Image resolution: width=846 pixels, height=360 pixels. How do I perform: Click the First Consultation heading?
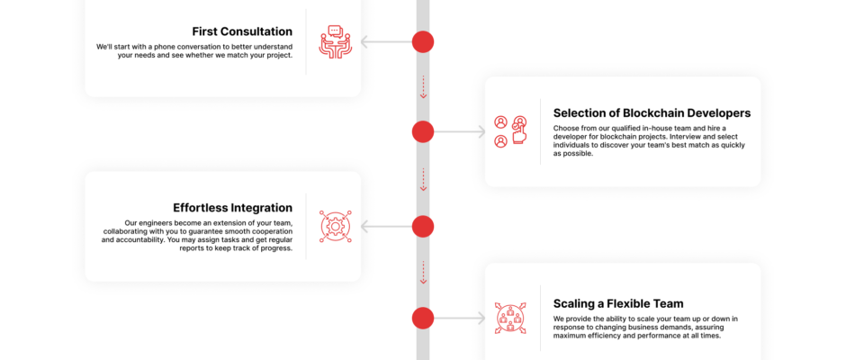tap(242, 31)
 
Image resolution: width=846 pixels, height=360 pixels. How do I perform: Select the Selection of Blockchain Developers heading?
tap(652, 112)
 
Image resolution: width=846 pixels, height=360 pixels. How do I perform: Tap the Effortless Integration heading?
tap(232, 208)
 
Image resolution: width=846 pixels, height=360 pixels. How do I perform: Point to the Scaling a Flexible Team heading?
tap(618, 303)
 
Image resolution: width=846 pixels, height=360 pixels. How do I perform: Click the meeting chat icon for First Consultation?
tap(335, 41)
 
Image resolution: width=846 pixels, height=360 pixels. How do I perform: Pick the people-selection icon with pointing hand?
tap(510, 131)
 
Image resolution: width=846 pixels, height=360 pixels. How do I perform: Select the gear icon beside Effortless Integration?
tap(335, 226)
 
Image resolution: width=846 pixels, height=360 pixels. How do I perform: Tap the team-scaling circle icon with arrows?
tap(510, 319)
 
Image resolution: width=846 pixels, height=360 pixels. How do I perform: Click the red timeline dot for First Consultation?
tap(423, 41)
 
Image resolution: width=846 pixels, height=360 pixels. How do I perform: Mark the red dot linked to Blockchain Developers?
tap(423, 131)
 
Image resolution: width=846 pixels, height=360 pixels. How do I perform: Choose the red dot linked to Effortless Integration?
tap(423, 226)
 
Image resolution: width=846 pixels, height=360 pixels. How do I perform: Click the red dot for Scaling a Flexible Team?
tap(423, 319)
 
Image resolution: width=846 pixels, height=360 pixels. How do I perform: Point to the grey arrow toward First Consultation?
tap(386, 41)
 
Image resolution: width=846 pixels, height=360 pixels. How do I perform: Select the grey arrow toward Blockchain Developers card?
tap(460, 131)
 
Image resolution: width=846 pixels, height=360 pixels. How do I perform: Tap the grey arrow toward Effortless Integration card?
tap(386, 226)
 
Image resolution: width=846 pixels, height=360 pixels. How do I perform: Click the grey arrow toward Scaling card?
tap(460, 319)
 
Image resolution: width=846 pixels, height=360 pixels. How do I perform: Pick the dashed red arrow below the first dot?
tap(423, 87)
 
